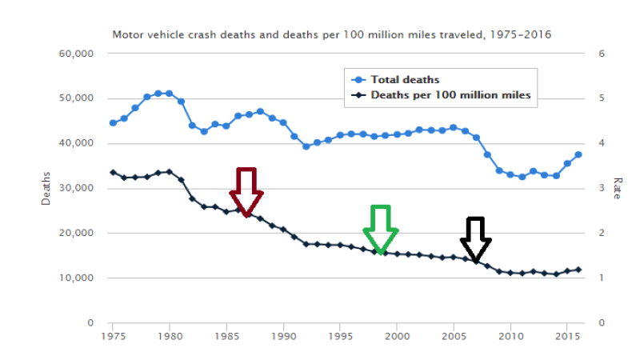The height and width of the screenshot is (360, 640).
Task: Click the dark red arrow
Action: coord(246,192)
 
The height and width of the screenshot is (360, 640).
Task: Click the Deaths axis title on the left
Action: coord(46,188)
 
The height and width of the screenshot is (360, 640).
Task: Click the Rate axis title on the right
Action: coord(617,189)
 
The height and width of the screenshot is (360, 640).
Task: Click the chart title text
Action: coord(331,35)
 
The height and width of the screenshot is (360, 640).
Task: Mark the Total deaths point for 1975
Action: coord(113,123)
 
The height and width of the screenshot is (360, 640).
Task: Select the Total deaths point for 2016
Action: coord(578,154)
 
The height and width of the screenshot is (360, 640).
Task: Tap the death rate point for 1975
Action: coord(113,172)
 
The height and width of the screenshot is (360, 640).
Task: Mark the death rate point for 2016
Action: coord(578,270)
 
